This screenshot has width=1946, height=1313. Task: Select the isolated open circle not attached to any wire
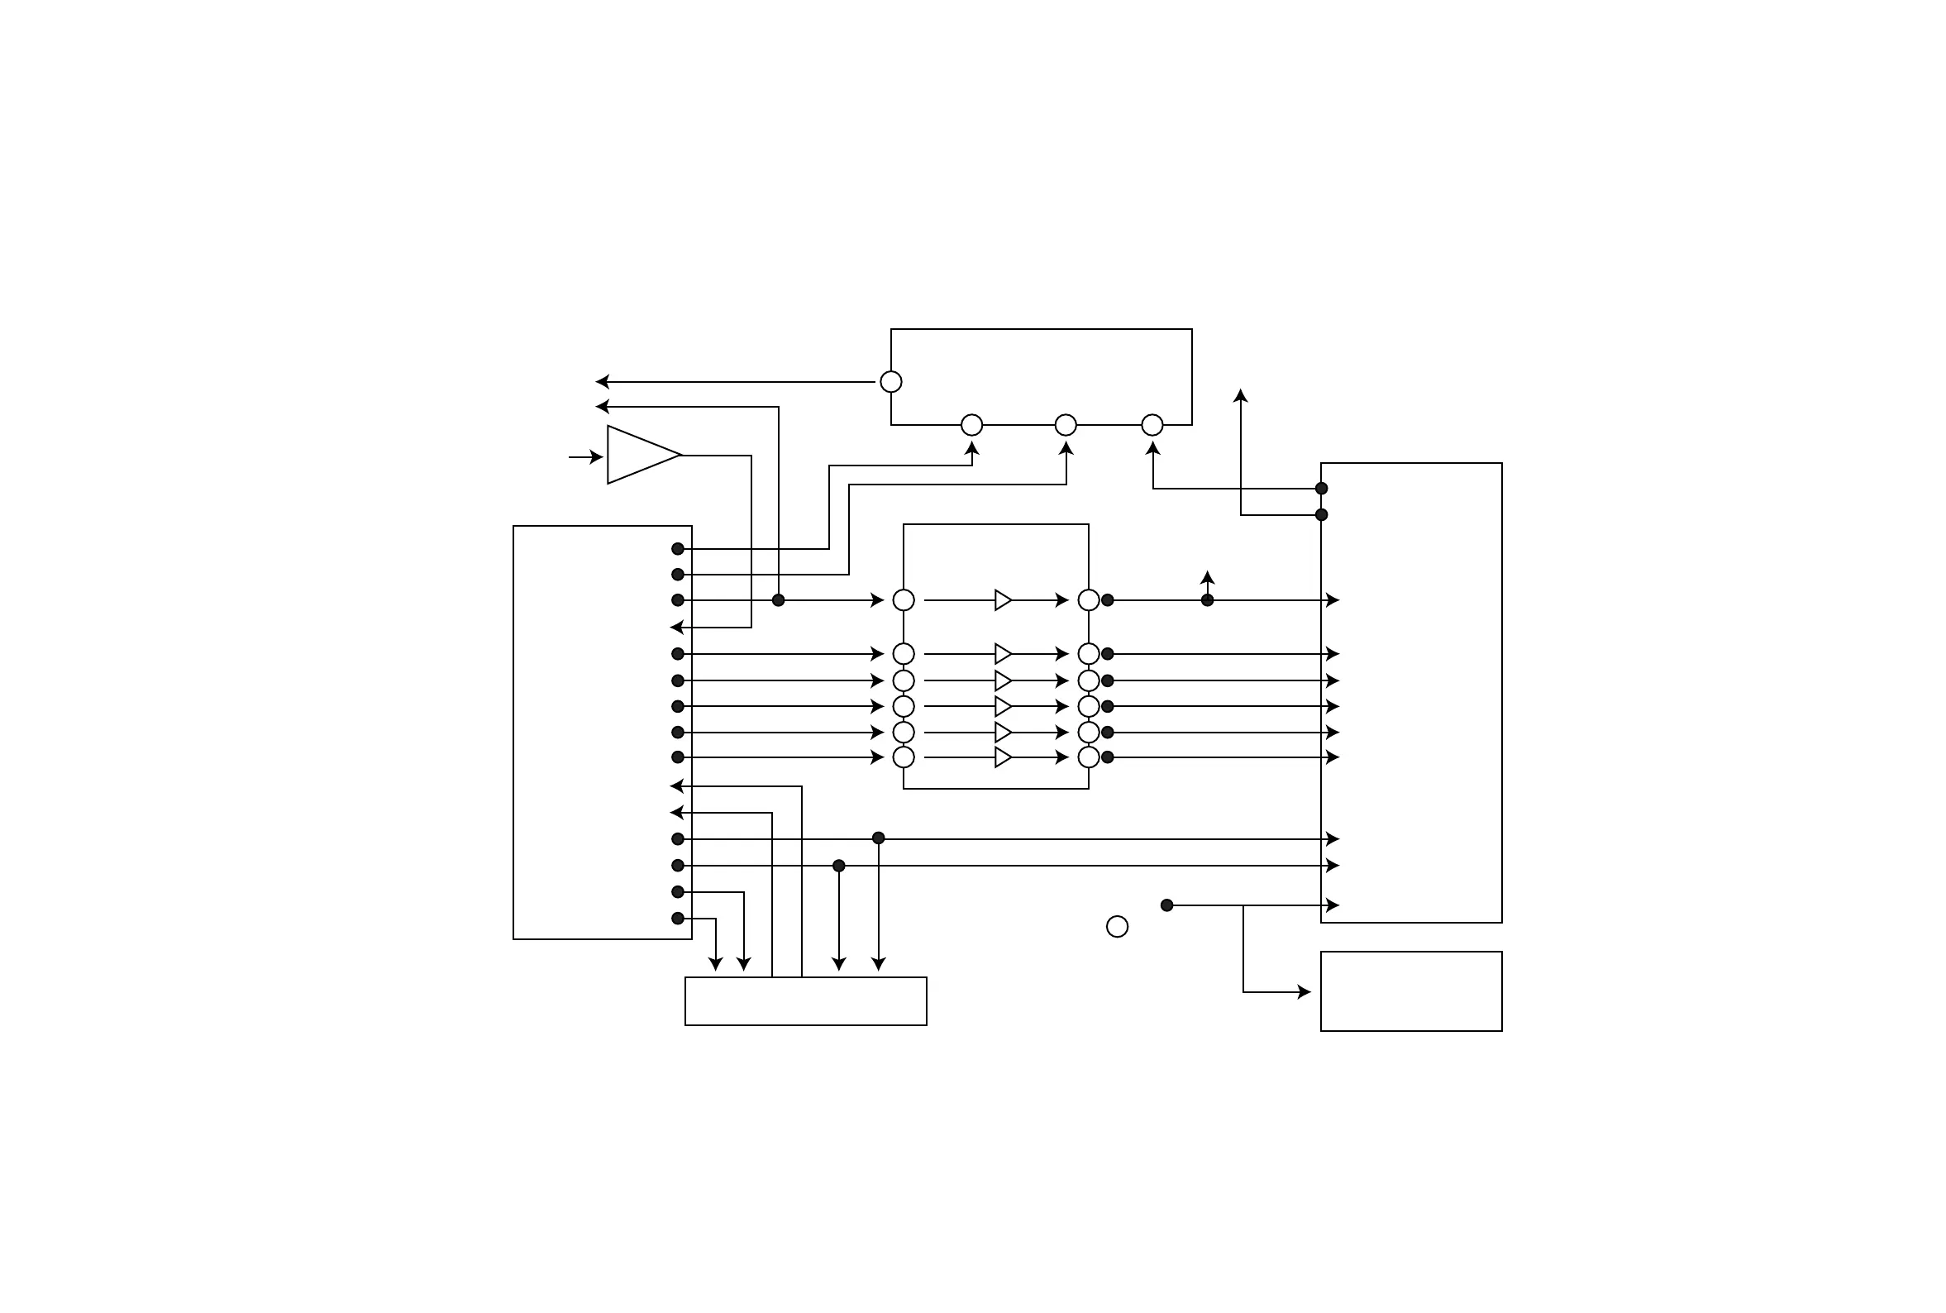point(1117,926)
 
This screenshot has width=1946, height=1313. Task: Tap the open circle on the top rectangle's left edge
point(890,382)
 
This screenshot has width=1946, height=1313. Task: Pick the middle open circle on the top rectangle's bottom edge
point(1065,424)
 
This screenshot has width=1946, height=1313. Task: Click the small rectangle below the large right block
point(1410,991)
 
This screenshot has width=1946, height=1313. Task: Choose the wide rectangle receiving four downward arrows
point(805,1000)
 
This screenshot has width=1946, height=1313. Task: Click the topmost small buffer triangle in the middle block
point(1003,599)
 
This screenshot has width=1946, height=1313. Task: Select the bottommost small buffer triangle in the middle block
point(1003,757)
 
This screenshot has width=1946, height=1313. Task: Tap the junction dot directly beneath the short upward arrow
point(1207,599)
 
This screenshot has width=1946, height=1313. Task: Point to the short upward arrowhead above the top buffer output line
point(1207,577)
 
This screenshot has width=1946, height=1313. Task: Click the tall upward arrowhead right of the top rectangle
point(1240,394)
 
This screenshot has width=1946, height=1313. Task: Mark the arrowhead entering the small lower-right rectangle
point(1304,991)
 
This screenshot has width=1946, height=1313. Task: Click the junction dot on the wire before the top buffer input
point(778,599)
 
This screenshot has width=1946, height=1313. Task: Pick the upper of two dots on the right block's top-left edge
point(1321,488)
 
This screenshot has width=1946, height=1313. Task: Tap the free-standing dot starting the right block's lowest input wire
point(1166,905)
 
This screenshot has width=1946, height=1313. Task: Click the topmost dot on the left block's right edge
point(678,548)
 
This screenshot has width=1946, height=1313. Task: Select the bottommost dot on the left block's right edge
point(678,918)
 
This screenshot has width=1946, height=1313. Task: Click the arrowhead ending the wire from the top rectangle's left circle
point(602,382)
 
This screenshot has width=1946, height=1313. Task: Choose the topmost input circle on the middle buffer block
point(903,599)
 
